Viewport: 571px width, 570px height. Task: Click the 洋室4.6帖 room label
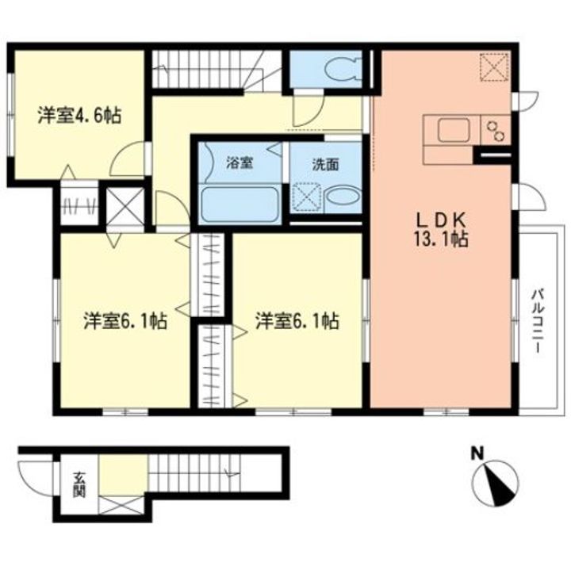coord(79,116)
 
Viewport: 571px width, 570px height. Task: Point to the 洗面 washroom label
coord(325,165)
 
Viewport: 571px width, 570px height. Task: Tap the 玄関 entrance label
coord(80,483)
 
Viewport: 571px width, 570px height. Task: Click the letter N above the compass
coord(477,454)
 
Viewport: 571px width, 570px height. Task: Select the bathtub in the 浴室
coord(239,205)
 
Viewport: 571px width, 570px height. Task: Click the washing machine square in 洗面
coord(305,196)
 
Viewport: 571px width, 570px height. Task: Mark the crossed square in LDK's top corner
coord(495,65)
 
